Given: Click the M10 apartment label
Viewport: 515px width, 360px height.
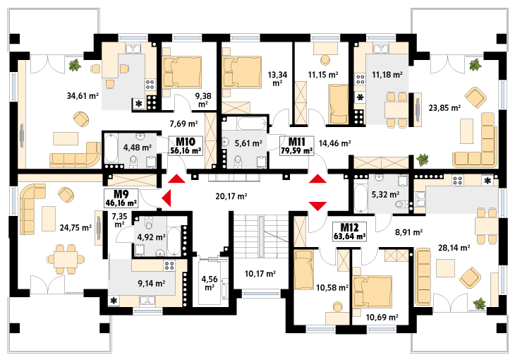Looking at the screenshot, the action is (186, 145).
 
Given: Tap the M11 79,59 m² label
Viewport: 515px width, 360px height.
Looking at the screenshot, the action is (296, 145).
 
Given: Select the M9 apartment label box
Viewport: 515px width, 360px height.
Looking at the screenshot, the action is (121, 198).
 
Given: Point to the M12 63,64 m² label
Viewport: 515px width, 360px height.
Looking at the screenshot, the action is (350, 232).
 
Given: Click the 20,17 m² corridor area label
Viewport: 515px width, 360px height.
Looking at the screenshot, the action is (231, 196).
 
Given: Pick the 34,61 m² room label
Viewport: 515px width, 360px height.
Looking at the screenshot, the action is (83, 96).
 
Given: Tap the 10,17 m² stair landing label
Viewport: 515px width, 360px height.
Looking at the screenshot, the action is (260, 274).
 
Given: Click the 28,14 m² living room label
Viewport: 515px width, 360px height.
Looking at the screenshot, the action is (454, 248).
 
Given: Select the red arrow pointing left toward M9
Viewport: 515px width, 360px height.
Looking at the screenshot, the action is (166, 198).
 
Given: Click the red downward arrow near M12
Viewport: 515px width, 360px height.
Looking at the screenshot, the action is (318, 206).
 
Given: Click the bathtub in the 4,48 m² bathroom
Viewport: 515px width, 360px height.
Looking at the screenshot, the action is (111, 148).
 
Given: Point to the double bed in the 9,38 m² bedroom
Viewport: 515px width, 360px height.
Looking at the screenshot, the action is (182, 72).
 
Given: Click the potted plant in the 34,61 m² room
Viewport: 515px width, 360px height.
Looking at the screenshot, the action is (75, 65).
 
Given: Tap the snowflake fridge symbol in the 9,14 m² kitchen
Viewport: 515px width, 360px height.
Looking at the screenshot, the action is (114, 301).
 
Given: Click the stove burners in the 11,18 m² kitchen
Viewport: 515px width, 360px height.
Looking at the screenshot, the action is (360, 79).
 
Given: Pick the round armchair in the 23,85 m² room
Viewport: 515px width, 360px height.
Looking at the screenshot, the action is (475, 97).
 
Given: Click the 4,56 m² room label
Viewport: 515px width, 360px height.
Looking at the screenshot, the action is (210, 283).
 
